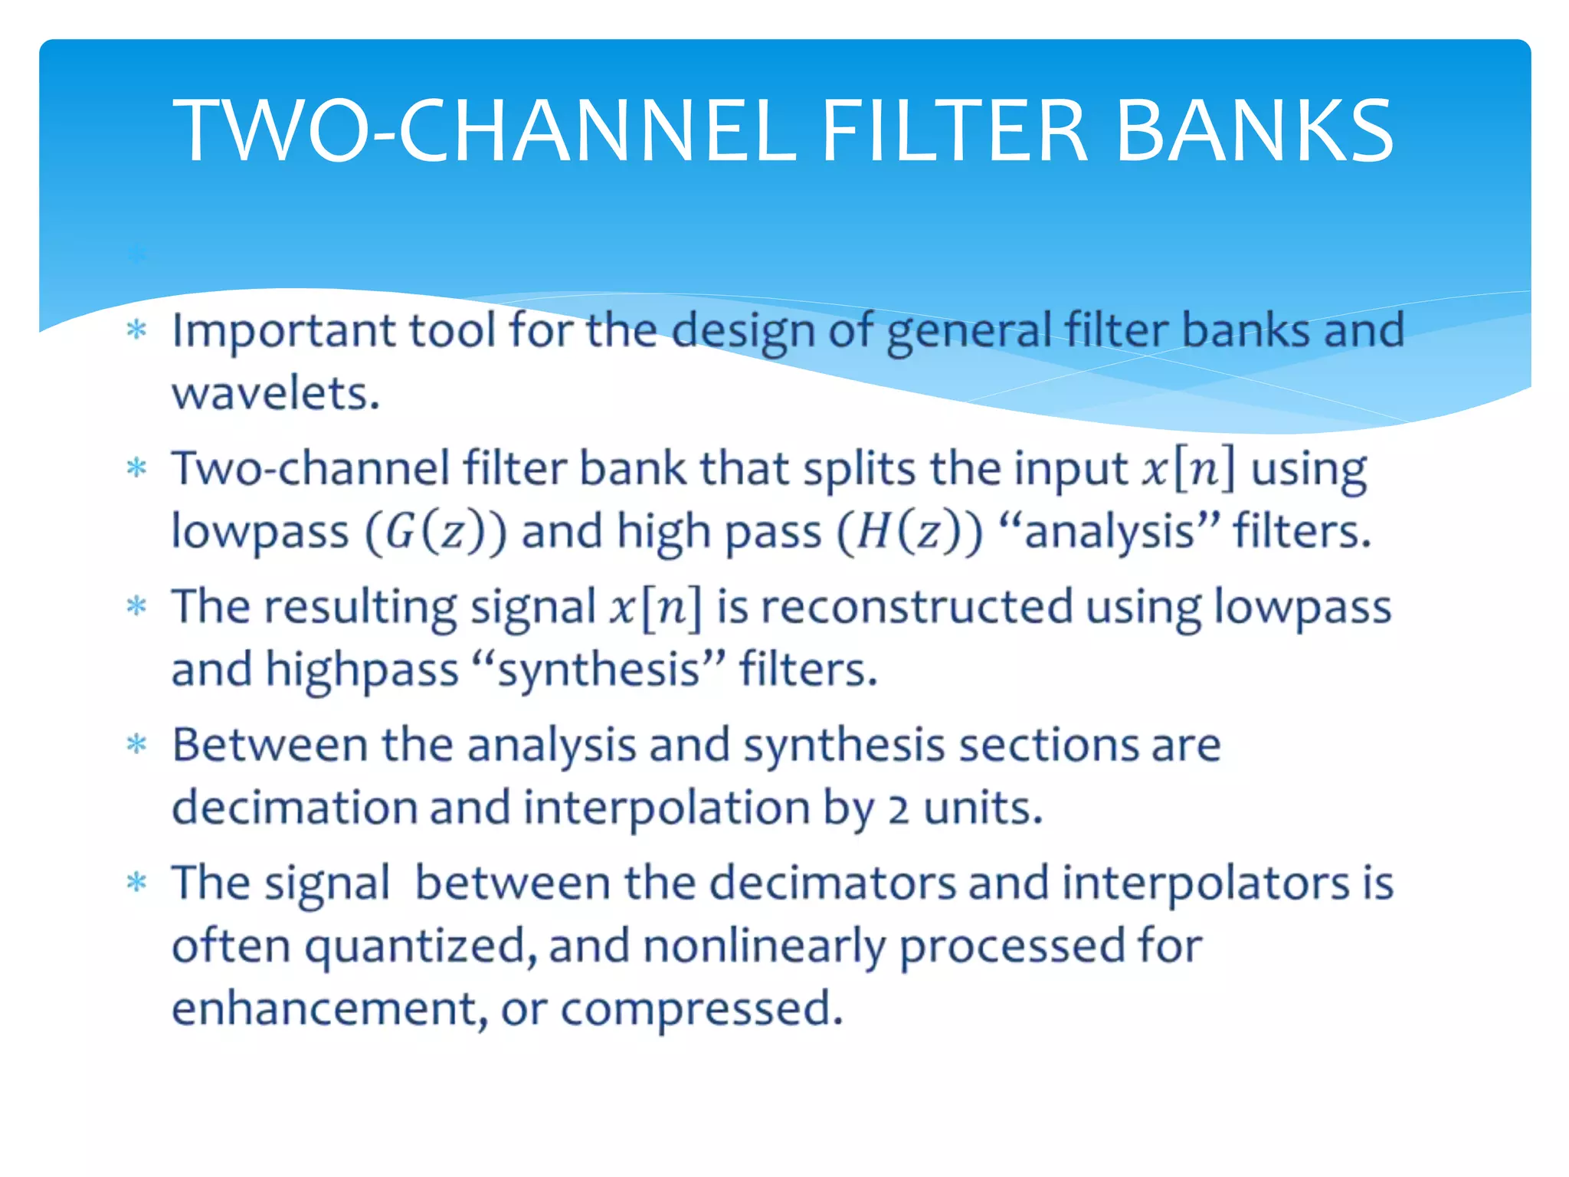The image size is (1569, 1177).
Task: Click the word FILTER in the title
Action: tap(954, 132)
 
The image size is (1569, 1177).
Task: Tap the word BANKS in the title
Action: tap(1255, 132)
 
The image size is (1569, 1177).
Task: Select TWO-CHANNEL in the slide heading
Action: tap(483, 132)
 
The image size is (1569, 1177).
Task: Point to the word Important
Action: tap(283, 331)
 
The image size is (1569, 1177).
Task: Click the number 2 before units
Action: tap(899, 810)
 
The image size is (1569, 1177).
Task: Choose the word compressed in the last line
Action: tap(702, 1008)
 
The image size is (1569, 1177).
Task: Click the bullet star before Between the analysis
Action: tap(136, 744)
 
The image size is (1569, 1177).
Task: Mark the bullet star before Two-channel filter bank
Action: tap(136, 467)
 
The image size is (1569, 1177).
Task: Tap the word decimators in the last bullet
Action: tap(832, 883)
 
